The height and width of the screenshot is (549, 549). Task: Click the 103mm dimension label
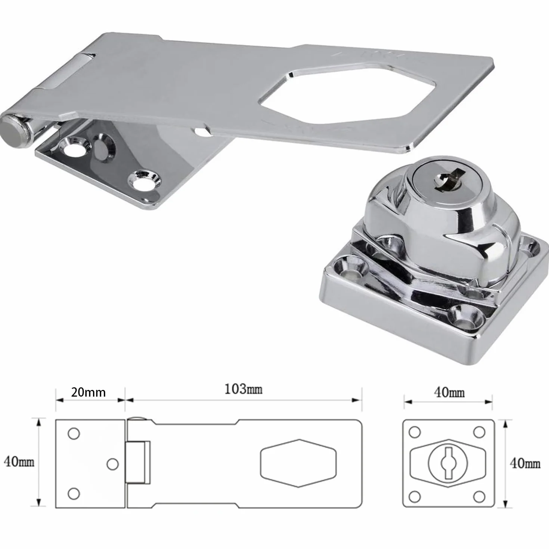244,389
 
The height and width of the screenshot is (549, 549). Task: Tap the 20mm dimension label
88,392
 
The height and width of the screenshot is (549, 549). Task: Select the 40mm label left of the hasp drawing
19,462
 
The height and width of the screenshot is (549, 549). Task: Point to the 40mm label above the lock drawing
449,393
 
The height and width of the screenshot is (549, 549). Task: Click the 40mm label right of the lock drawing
525,463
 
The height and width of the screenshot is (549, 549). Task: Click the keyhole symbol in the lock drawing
447,463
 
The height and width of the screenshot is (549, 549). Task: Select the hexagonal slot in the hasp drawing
298,463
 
